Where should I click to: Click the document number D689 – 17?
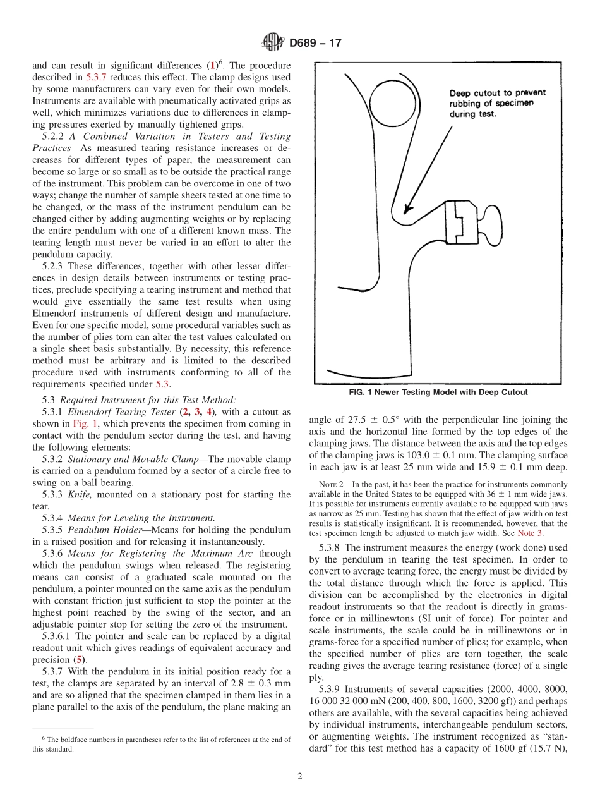point(315,44)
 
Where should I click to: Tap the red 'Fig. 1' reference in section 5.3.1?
point(85,423)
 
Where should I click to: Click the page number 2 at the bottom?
point(300,777)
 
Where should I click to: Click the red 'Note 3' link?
point(529,533)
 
